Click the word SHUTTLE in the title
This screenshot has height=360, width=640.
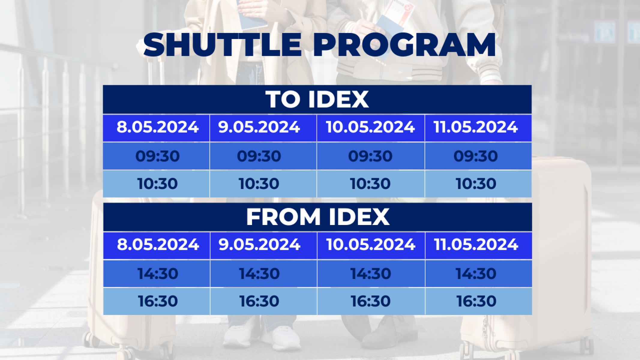[222, 45]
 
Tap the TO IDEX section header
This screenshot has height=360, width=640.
[317, 99]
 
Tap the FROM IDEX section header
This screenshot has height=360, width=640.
[318, 217]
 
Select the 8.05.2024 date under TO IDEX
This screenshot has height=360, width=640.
[157, 127]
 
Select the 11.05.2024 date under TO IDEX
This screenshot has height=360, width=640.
[476, 127]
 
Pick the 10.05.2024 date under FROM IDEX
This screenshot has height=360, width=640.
[371, 245]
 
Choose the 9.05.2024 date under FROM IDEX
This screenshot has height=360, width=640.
[259, 245]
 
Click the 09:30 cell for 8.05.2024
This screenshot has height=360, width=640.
[157, 156]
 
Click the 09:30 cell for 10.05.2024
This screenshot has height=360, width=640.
[370, 156]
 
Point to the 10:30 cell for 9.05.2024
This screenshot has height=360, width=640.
[259, 184]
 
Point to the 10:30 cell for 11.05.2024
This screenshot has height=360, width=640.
[476, 184]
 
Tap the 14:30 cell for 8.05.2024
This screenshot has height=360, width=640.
[158, 274]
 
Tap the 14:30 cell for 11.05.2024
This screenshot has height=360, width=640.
[476, 274]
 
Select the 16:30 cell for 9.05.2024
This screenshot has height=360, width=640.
[259, 301]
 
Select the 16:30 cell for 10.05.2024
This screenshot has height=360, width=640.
[371, 301]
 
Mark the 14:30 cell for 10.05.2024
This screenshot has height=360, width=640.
[371, 274]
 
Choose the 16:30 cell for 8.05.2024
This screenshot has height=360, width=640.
[158, 301]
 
